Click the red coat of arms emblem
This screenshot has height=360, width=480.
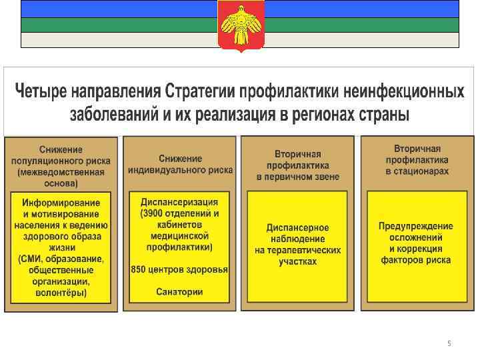[241, 25]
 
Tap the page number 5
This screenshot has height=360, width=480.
[449, 343]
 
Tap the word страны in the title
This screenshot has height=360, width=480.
[384, 113]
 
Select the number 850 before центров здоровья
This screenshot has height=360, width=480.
[139, 269]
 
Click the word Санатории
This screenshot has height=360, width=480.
[179, 292]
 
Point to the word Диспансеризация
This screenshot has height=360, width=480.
[179, 202]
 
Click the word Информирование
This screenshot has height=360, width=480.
[61, 203]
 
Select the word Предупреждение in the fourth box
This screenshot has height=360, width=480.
[415, 227]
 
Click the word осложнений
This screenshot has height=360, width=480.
[415, 238]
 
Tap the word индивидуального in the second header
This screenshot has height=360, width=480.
[169, 170]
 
